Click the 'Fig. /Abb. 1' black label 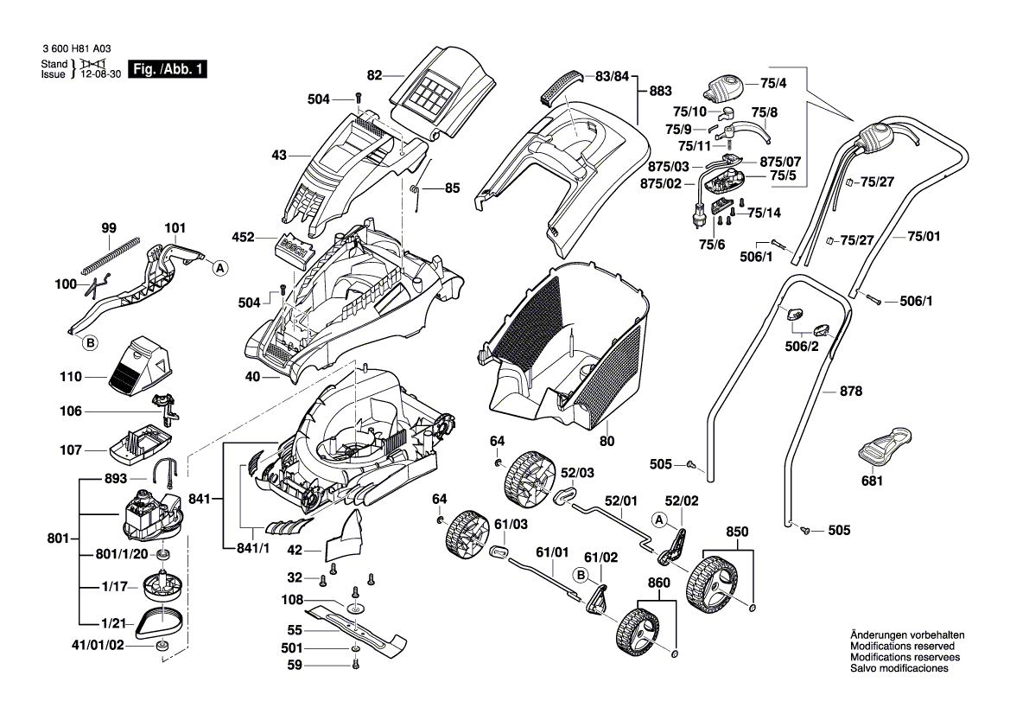coord(167,69)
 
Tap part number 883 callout coord(660,91)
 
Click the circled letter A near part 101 coord(220,268)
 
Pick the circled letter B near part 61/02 coord(581,574)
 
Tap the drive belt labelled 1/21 coord(162,620)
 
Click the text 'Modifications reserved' coord(902,646)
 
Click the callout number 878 coord(851,392)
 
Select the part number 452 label coord(245,236)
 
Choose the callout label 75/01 coord(924,236)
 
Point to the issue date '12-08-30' coord(99,75)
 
